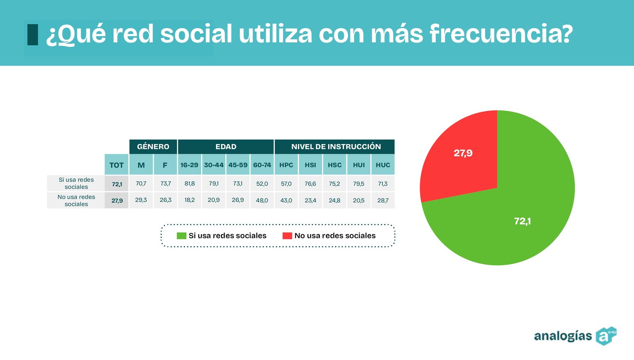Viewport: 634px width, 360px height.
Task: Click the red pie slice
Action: coord(460,158)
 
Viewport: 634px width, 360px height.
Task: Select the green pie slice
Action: coord(515,214)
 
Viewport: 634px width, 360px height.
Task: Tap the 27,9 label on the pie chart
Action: coord(463,153)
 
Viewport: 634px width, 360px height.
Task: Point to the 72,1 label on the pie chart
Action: coord(522,221)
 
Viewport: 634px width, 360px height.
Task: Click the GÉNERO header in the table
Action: coord(153,147)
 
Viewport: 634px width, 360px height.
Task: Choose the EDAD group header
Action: coord(226,147)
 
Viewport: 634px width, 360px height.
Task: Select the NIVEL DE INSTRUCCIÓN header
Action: coord(336,147)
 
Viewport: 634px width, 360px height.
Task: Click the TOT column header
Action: coord(116,165)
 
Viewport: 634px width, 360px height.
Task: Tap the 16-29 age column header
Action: coord(189,165)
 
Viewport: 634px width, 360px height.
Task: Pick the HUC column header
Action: coord(383,165)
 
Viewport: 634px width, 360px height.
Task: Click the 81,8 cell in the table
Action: coord(189,184)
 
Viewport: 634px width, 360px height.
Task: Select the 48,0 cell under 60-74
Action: coord(262,200)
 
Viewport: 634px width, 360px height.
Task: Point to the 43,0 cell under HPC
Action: coord(286,200)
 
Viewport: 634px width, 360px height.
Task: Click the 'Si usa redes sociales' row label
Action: coord(76,183)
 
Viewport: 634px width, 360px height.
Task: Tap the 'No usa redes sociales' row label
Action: coord(76,200)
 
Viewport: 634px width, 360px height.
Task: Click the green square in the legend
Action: coord(181,236)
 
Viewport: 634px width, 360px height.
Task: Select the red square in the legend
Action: coord(287,236)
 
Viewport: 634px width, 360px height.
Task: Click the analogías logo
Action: coord(575,336)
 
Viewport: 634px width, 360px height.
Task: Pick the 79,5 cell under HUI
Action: coord(359,184)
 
